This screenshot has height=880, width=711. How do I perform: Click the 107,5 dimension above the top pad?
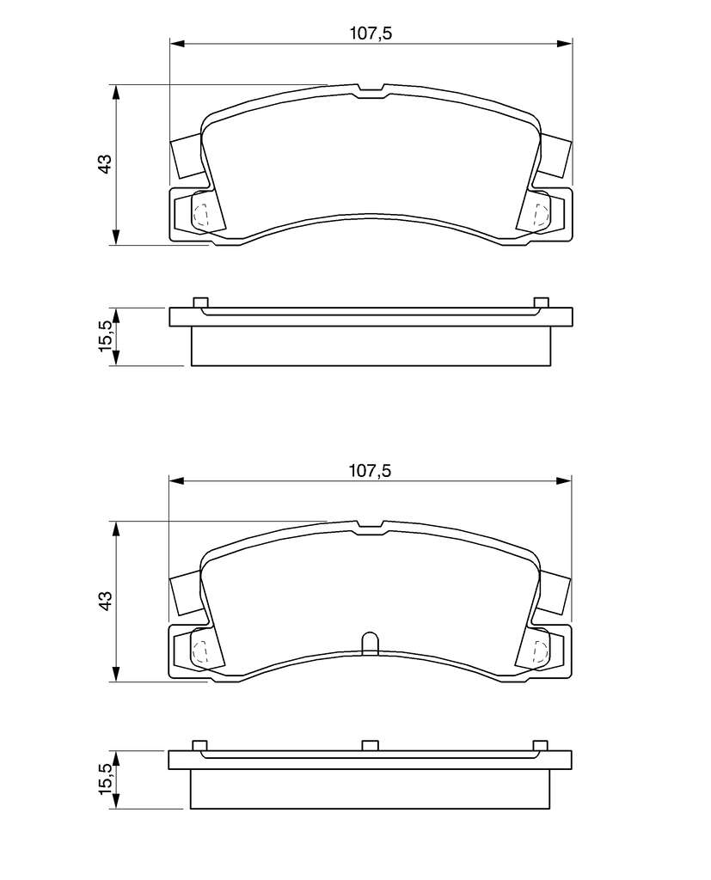pos(370,34)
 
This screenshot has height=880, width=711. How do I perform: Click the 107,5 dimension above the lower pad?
pos(370,470)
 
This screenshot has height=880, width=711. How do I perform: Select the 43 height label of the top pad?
pos(105,163)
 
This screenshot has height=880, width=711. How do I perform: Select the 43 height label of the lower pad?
pos(105,600)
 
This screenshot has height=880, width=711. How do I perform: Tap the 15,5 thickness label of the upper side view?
pos(106,336)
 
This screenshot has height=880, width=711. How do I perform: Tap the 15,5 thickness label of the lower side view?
pos(106,778)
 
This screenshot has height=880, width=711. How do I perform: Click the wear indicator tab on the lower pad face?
pos(370,643)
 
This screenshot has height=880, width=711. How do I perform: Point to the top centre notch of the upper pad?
pos(370,91)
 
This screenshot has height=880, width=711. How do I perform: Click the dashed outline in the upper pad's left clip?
pos(200,214)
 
